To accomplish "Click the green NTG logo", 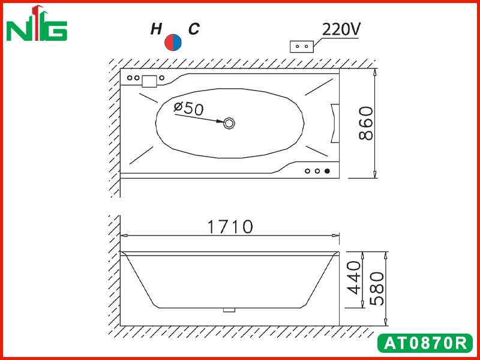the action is (x=37, y=23).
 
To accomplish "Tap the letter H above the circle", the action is (x=157, y=29).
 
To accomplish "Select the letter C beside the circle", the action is (x=194, y=29).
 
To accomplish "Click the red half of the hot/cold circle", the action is (x=169, y=43).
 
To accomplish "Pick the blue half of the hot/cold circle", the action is (x=178, y=43).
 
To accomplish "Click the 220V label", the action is (x=341, y=29).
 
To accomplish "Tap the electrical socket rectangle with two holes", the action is (x=302, y=47).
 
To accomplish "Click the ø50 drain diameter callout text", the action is (x=188, y=108).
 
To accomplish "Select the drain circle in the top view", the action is (x=229, y=123).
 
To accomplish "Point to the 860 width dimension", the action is (x=366, y=123).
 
